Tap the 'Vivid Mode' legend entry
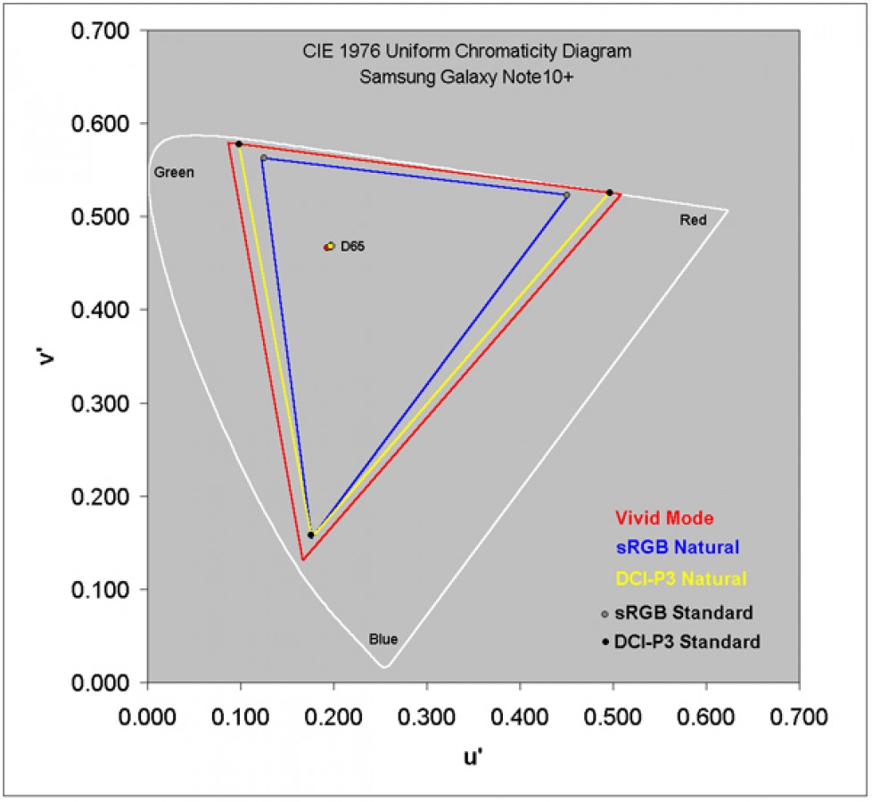[664, 518]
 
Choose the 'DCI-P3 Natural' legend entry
[681, 578]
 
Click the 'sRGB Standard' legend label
[688, 612]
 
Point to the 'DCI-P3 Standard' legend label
[692, 642]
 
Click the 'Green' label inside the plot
[173, 172]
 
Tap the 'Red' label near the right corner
[693, 222]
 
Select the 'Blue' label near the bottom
[383, 639]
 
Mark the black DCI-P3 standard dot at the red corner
[610, 192]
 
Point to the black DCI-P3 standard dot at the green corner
[239, 143]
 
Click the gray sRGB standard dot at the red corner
[567, 195]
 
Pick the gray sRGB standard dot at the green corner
[263, 158]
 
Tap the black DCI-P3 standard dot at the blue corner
[310, 535]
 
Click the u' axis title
[473, 757]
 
